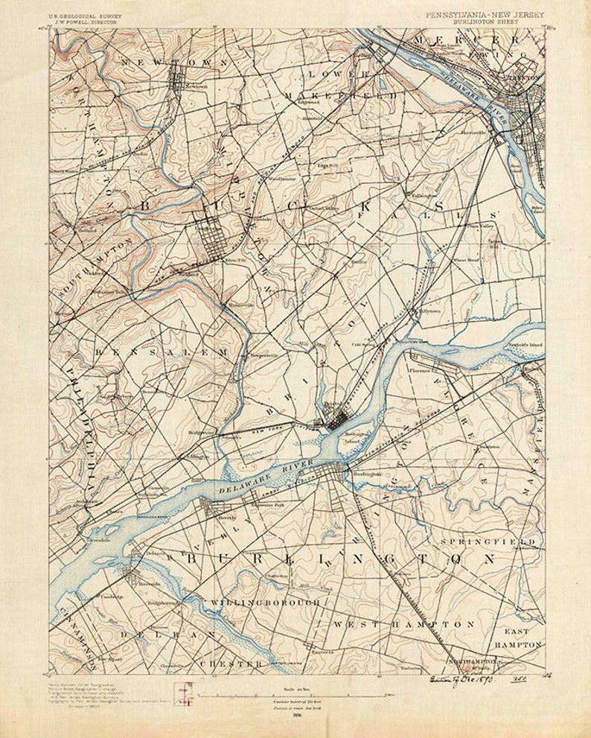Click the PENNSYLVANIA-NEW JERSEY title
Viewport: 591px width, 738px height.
[x=484, y=15]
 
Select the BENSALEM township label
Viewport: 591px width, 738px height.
[x=160, y=350]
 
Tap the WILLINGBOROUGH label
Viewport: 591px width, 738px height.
[x=266, y=600]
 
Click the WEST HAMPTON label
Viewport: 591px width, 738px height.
[x=402, y=623]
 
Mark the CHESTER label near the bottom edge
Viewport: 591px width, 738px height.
[x=231, y=662]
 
